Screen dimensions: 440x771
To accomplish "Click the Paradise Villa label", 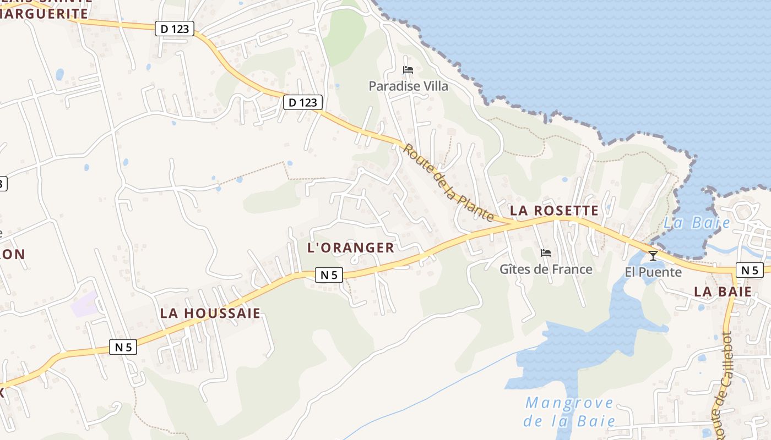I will [408, 86].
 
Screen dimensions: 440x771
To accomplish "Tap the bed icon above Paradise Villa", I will [408, 70].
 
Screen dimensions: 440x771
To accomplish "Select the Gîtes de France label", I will [546, 269].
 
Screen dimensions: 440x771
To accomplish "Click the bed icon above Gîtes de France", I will [546, 253].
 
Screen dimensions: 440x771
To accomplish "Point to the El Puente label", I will [653, 272].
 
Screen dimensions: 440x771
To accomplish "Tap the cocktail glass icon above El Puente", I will [653, 256].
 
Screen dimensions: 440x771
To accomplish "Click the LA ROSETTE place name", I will [554, 211].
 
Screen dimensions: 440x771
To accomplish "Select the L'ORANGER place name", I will [351, 248].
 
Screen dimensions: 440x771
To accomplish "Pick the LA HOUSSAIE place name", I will [210, 313].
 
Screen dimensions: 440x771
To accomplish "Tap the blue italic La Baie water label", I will [697, 223].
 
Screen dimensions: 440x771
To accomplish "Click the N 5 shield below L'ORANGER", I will [329, 274].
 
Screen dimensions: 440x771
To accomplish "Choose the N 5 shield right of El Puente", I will [750, 269].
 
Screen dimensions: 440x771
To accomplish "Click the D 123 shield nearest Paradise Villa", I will [302, 102].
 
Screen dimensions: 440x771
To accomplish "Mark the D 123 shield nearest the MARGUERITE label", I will [175, 29].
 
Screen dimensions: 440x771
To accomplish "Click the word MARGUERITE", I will [44, 14].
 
